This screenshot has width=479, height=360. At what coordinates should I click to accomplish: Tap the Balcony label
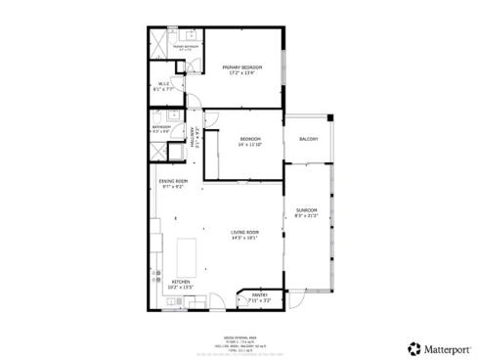tap(308, 139)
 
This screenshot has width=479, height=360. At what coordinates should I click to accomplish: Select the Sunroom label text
tap(307, 209)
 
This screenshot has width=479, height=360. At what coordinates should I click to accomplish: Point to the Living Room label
tap(243, 231)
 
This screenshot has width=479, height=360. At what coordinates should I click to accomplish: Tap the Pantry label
tap(260, 294)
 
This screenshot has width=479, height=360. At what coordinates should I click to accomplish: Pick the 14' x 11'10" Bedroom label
tap(249, 139)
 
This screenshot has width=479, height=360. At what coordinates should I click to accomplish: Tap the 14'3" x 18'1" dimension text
tap(243, 237)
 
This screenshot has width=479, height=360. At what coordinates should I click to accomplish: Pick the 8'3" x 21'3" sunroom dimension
tap(307, 215)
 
